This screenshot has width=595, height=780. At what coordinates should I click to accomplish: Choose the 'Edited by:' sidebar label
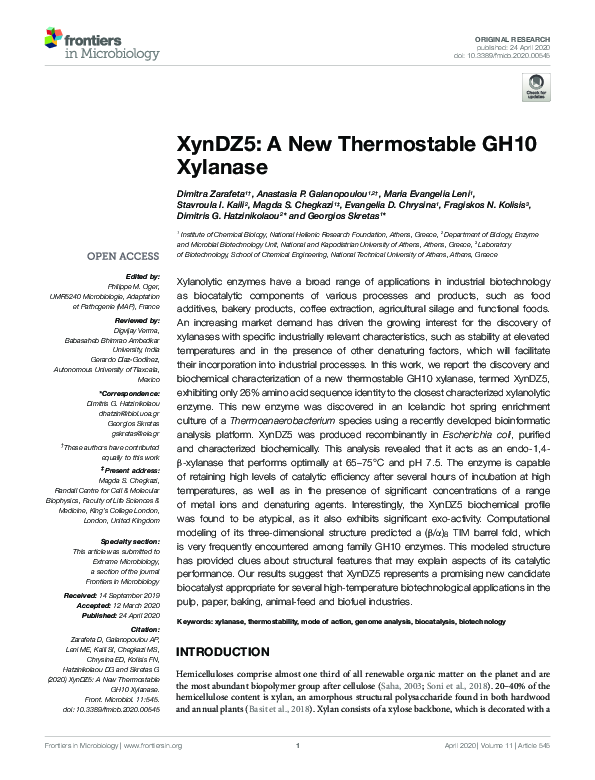coord(141,276)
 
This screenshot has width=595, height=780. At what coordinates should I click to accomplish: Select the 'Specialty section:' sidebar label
coord(129,512)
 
